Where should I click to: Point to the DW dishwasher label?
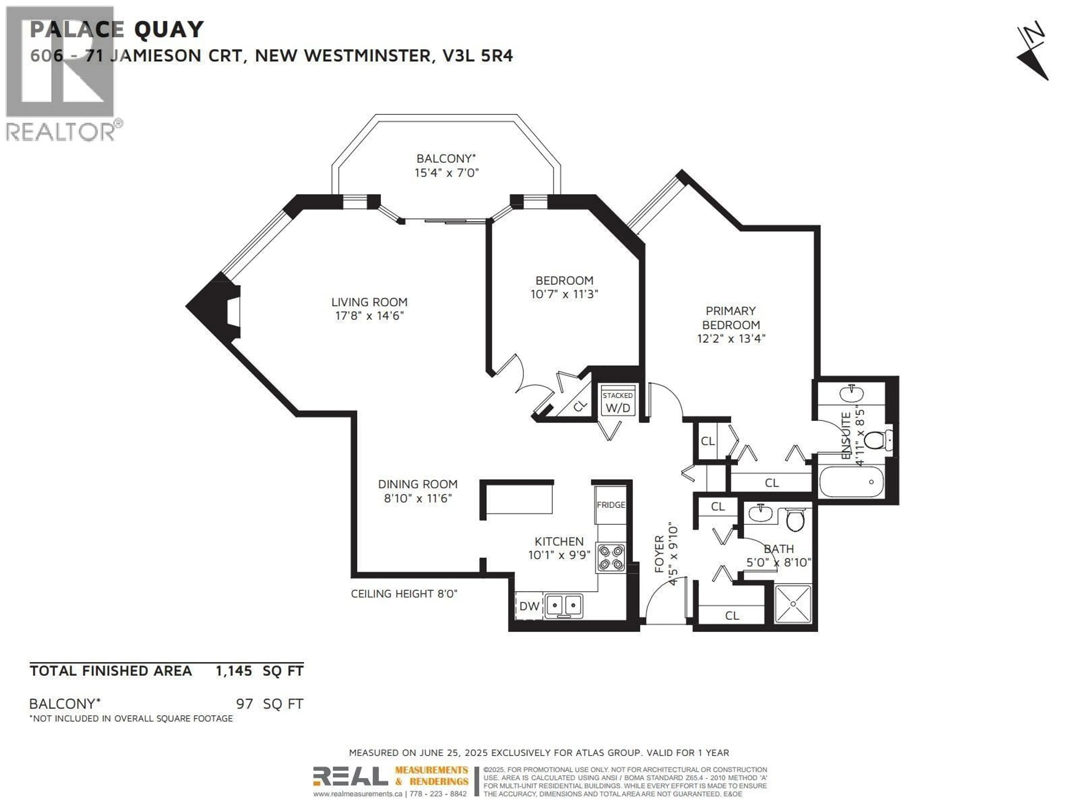point(529,606)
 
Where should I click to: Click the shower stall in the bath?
point(793,604)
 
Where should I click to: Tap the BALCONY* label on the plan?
point(446,158)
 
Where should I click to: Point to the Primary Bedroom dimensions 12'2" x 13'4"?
point(731,338)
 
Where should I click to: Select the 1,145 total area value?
point(234,671)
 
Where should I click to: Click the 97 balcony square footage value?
point(245,704)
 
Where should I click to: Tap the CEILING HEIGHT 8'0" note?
point(404,594)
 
